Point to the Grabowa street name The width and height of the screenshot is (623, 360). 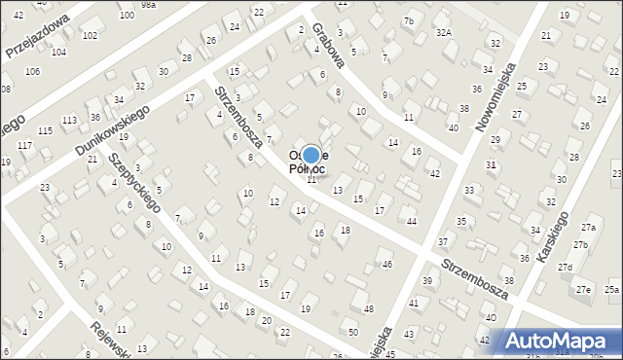pos(330,45)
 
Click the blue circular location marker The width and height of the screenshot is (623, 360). pos(311,155)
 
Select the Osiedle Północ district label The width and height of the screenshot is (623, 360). pos(311,161)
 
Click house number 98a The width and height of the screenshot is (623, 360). pos(147,5)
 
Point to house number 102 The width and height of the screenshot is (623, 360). pos(90,36)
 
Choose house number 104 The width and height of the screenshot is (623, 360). pos(58,52)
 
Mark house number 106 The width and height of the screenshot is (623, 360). pos(32,72)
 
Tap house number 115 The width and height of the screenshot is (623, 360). pos(45,131)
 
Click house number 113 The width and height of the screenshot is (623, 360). pos(69,121)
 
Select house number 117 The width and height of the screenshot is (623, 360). pos(24,146)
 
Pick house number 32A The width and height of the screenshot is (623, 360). pos(444,32)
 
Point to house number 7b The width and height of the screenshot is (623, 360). pos(408,21)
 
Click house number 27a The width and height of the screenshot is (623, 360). pos(588,227)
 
